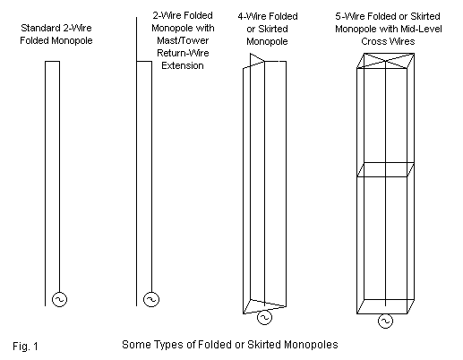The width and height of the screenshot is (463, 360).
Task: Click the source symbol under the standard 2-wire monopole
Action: [x=59, y=299]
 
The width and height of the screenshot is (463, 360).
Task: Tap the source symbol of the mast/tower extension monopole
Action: [x=151, y=299]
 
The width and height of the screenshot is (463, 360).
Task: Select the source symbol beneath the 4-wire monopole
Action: [x=264, y=317]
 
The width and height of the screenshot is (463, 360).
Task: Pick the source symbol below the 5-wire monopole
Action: [x=385, y=321]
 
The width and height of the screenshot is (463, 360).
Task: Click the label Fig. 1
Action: [x=25, y=347]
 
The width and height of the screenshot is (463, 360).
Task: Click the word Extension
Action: [x=183, y=65]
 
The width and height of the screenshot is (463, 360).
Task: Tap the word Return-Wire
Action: [x=183, y=53]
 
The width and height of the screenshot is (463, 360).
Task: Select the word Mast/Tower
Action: [x=183, y=40]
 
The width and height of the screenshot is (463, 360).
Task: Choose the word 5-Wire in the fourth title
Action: [x=348, y=16]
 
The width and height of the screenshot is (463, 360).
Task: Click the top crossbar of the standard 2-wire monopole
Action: [x=52, y=62]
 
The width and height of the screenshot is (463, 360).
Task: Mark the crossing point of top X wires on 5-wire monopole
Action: [x=385, y=61]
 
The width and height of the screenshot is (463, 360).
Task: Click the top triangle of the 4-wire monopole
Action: [x=257, y=62]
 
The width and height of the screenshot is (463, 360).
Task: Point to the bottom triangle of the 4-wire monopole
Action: [x=264, y=306]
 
